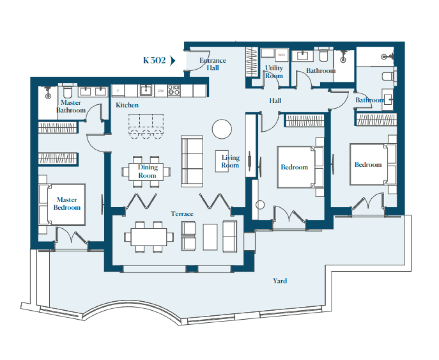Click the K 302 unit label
(154, 60)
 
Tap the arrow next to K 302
(173, 60)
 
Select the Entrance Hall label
(213, 64)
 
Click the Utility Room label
(274, 72)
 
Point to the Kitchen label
(127, 105)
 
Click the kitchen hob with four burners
(174, 91)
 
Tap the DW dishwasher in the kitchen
(161, 91)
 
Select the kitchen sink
(146, 90)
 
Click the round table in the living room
(222, 129)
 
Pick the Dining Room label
(147, 171)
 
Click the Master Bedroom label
(67, 203)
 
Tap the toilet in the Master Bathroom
(67, 91)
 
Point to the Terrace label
(182, 214)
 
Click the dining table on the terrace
(149, 237)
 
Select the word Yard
(280, 281)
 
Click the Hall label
(275, 100)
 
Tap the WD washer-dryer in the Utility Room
(281, 55)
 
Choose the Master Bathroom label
(71, 106)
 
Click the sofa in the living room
(192, 161)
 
